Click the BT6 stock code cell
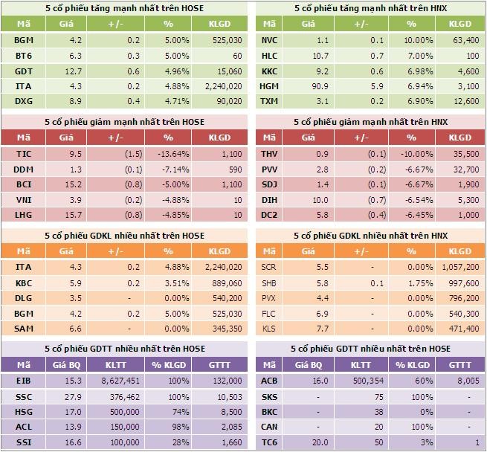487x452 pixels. pyautogui.click(x=23, y=56)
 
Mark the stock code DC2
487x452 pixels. pyautogui.click(x=269, y=214)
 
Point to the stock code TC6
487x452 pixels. pyautogui.click(x=269, y=442)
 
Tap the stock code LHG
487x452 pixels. pyautogui.click(x=23, y=214)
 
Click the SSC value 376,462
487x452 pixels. pyautogui.click(x=126, y=397)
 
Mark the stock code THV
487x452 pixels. pyautogui.click(x=269, y=154)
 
